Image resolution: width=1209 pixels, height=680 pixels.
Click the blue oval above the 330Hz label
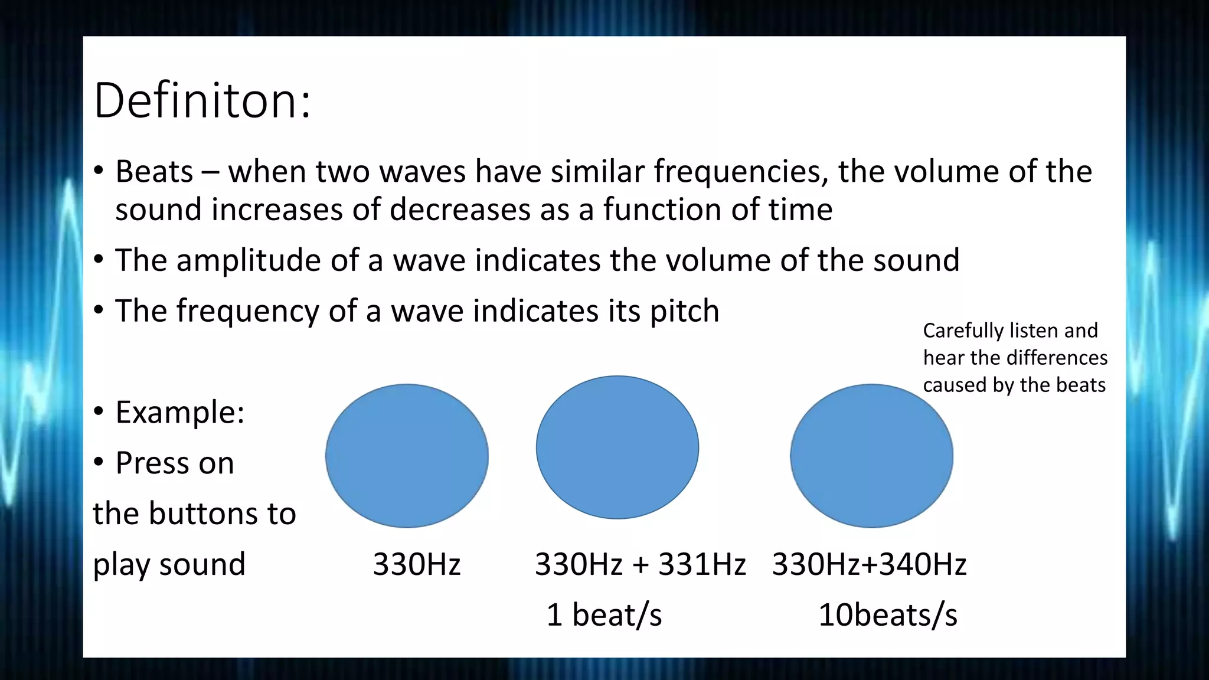coord(407,456)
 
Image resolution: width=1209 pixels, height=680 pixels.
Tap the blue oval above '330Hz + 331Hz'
coord(617,447)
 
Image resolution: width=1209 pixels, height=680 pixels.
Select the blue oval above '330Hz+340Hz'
coord(871,456)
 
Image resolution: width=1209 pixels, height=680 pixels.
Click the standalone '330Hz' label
coord(416,564)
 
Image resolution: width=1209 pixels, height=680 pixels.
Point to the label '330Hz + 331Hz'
coord(640,564)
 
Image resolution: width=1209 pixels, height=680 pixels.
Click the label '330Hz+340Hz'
coord(869,564)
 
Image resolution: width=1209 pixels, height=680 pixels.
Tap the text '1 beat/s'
coord(604,615)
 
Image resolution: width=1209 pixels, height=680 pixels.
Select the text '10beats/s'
coord(887,615)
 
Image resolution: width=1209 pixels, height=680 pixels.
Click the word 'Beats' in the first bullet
coord(154,172)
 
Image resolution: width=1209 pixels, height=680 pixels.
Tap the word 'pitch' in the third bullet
coord(684,312)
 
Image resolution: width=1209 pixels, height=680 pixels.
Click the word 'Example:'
coord(180,412)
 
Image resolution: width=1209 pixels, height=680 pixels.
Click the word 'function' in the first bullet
coord(662,210)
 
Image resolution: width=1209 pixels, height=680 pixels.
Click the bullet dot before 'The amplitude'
coord(99,260)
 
